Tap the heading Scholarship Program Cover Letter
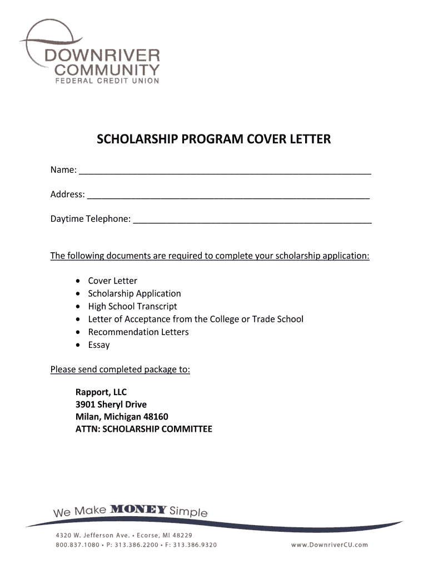[213, 139]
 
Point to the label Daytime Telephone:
[91, 219]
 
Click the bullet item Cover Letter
[112, 281]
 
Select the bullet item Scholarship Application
[135, 293]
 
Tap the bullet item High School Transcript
[132, 306]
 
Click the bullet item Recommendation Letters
[138, 332]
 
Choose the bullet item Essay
[99, 345]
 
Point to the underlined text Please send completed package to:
[120, 370]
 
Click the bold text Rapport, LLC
[101, 392]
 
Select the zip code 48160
[156, 417]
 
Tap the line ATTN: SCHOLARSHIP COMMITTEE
[144, 429]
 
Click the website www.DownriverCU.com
[330, 545]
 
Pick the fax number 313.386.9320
[194, 545]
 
